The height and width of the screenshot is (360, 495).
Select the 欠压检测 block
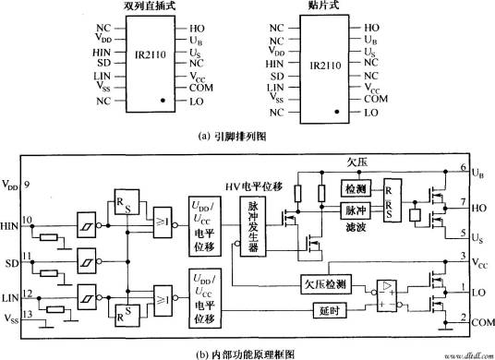(x=326, y=284)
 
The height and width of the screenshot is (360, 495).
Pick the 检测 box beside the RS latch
(x=355, y=187)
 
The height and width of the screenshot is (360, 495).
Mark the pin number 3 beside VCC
(x=460, y=256)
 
